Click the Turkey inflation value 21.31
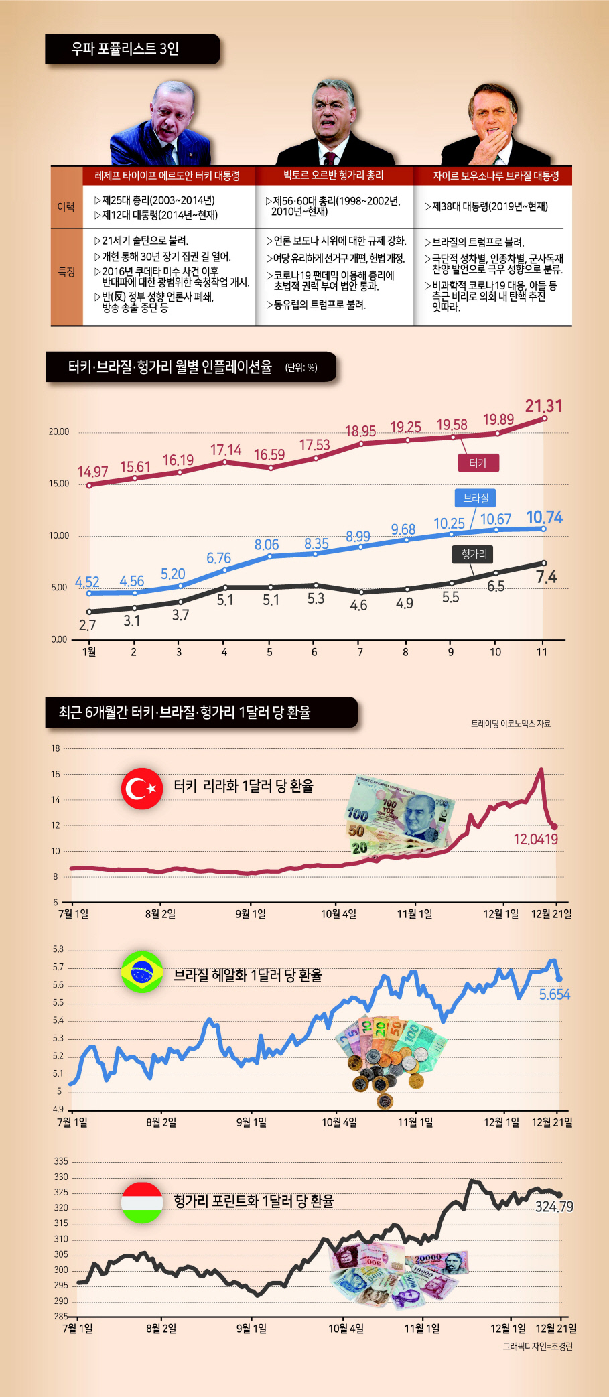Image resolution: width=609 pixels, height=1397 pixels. point(543,406)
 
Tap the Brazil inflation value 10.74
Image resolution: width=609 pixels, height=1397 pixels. point(544,517)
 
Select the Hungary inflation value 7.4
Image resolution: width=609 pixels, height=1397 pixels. point(546,577)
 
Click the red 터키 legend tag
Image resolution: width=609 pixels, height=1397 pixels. point(478,463)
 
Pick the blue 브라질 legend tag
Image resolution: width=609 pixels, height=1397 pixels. point(476,498)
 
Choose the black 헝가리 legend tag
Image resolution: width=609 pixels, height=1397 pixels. point(474,554)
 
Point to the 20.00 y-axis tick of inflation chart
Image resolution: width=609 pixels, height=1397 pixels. point(59,431)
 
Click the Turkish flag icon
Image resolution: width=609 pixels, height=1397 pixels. point(142,789)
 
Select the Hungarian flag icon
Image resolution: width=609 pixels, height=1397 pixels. point(142,1202)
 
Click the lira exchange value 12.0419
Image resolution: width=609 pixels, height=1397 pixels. point(535,839)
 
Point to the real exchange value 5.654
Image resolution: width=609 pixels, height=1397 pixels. point(555,994)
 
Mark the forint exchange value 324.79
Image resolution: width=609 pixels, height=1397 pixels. point(554,1207)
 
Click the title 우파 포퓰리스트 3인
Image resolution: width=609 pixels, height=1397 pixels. point(125,48)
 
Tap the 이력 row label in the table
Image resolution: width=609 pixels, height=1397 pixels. point(66,207)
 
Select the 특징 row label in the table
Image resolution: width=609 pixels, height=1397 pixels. point(66,271)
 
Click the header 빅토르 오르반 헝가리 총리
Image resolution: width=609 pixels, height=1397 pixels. point(333,175)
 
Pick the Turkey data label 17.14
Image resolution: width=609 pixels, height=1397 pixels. point(226,450)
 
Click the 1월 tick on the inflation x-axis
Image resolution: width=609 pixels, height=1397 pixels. point(89,651)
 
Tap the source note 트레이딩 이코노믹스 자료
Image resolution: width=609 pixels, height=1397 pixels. point(511,724)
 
